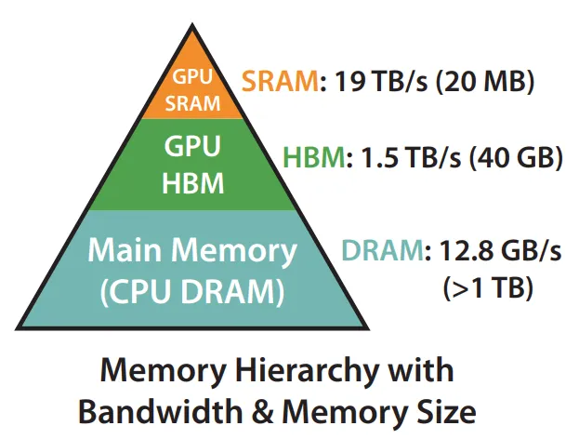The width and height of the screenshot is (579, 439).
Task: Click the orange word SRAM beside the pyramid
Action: [281, 81]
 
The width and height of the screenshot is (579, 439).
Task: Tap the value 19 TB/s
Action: [381, 81]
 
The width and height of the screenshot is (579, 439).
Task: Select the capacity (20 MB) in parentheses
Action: [485, 81]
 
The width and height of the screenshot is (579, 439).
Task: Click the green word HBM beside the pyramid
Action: [314, 157]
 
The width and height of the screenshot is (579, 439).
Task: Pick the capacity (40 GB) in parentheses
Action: [516, 157]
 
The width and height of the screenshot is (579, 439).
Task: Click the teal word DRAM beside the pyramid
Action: [383, 250]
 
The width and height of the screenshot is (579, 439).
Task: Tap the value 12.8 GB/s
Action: [501, 250]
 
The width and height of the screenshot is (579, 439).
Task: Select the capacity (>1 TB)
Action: [488, 287]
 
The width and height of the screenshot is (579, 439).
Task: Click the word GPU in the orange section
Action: [192, 77]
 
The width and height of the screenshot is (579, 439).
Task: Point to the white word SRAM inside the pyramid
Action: [192, 103]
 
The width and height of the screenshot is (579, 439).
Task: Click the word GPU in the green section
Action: [192, 146]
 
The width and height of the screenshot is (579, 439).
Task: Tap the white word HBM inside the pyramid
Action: [193, 183]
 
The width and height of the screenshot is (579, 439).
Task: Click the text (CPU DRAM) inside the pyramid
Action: [192, 291]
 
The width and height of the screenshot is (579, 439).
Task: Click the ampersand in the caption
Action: [262, 412]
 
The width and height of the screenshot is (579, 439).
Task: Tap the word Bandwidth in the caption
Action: [161, 411]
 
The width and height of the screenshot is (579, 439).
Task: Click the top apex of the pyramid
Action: [192, 23]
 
